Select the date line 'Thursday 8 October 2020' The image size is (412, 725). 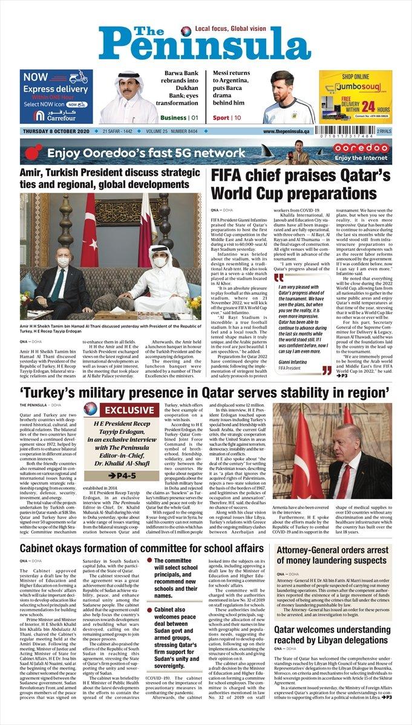tap(56, 131)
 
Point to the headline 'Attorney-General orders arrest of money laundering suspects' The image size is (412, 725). tap(333, 559)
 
